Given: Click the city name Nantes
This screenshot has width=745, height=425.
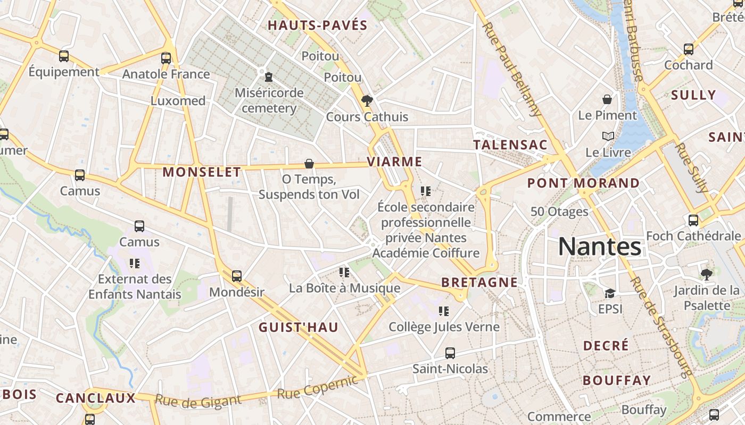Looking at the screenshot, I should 600,246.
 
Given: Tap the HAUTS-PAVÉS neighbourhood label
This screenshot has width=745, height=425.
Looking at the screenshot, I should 318,25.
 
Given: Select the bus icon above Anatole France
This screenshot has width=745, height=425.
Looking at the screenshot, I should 166,58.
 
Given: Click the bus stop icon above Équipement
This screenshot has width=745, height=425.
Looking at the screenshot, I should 64,56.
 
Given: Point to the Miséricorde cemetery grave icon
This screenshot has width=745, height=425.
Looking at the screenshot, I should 269,77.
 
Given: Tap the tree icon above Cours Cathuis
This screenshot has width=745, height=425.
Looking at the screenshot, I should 367,100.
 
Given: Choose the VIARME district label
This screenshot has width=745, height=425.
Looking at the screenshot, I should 395,161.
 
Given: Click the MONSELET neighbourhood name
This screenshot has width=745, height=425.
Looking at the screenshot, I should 202,172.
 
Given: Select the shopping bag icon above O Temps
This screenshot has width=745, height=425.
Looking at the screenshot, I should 309,164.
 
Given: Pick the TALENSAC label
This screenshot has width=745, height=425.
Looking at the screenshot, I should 510,144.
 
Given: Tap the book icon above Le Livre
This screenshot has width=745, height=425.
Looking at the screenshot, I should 608,137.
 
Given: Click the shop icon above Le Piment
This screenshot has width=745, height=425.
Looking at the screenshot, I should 607,99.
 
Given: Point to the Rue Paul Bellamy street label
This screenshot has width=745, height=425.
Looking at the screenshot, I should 512,69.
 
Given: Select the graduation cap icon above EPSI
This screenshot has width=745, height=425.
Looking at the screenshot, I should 610,293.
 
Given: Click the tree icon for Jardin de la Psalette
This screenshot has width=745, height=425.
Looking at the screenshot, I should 706,275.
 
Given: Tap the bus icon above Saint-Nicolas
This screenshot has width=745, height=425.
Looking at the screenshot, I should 450,353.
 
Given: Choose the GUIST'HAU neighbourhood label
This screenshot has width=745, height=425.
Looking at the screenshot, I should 299,327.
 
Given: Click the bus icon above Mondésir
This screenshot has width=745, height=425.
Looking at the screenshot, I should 237,276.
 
